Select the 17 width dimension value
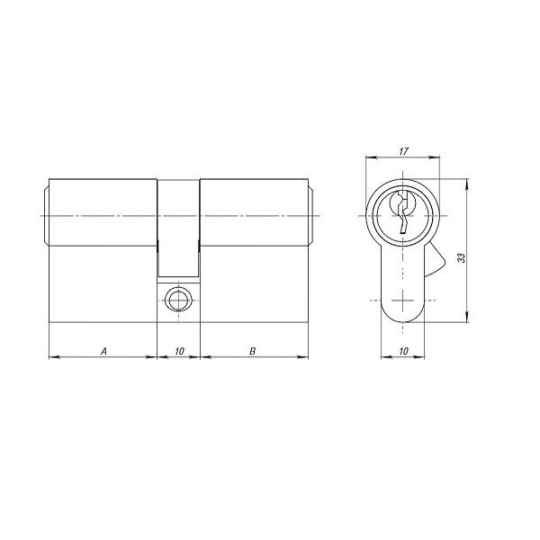(403, 150)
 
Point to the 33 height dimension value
(462, 256)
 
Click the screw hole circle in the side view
(179, 299)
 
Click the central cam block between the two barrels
(179, 229)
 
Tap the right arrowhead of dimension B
(306, 357)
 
